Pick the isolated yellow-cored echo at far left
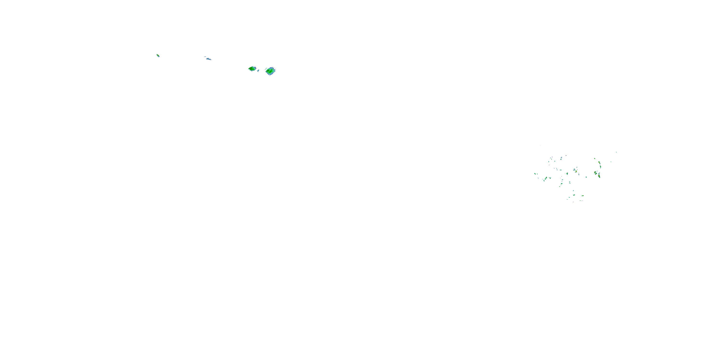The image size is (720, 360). (158, 56)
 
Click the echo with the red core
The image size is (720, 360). (599, 162)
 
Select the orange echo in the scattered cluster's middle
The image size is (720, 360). (576, 171)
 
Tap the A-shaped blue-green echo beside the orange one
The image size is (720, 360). (574, 170)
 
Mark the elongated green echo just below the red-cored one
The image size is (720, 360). (601, 167)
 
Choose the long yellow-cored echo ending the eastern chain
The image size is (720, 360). (599, 176)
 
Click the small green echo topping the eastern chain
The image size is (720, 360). (595, 158)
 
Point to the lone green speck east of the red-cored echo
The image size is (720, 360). (611, 162)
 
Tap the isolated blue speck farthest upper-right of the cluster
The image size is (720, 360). (616, 152)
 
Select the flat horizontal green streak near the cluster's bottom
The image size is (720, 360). (583, 196)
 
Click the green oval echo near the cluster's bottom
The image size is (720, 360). (574, 195)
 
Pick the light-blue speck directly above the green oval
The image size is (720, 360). (574, 191)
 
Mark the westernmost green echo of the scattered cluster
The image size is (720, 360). (535, 174)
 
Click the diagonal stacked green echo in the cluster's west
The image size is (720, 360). (546, 178)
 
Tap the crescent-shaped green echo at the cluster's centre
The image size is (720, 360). (567, 174)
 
